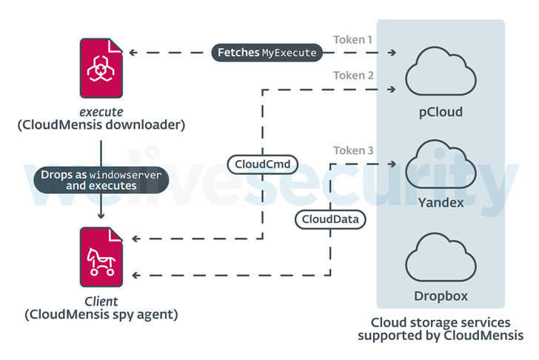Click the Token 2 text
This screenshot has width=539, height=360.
(353, 76)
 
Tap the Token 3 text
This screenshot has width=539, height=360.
(353, 151)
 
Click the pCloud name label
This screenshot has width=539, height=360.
(441, 113)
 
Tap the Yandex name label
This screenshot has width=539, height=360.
(441, 202)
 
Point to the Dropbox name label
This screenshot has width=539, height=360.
(441, 297)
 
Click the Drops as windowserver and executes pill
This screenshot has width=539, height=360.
(101, 179)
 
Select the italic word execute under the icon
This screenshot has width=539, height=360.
(101, 112)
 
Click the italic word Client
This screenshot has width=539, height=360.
(101, 301)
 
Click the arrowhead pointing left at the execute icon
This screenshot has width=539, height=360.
(133, 53)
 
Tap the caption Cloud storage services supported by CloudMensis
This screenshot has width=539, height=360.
(441, 329)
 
